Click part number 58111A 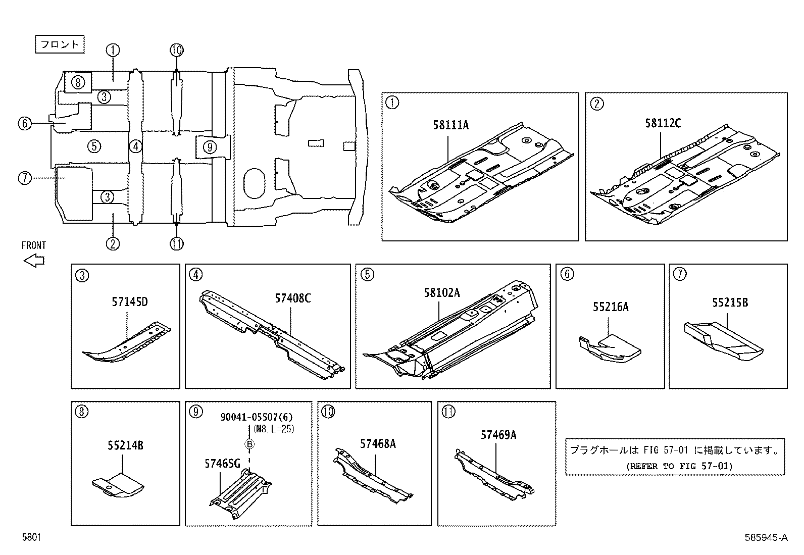coord(450,125)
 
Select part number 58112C coord(663,123)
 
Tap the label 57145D coord(130,302)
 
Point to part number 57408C coord(293,298)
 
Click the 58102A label coord(442,293)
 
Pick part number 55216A coord(611,307)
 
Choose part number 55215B coord(730,302)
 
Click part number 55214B coord(125,445)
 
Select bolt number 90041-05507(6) coord(257,417)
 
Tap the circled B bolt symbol coord(249,444)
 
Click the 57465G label coord(222,463)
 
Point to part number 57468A coord(378,443)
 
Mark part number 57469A coord(498,434)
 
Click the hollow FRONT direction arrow coord(34,261)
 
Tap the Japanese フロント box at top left coord(60,44)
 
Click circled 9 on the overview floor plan coord(210,147)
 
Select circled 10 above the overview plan coord(176,50)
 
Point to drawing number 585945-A coord(765,538)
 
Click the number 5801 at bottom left coord(31,538)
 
